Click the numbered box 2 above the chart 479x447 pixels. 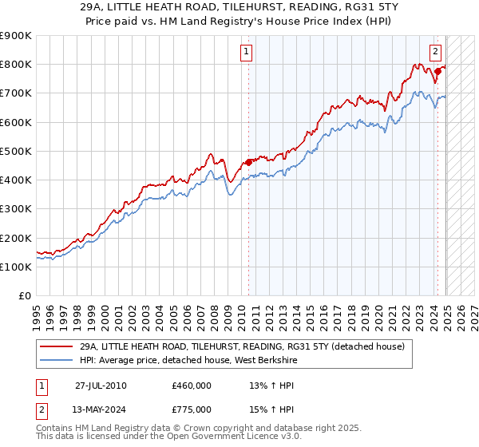click(x=435, y=53)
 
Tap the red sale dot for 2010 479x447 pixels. click(x=248, y=162)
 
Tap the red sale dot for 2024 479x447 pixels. click(x=438, y=72)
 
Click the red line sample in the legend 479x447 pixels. click(x=56, y=346)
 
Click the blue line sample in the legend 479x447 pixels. click(x=56, y=360)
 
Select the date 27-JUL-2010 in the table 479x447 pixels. click(x=101, y=386)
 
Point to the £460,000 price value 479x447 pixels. click(x=192, y=386)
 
